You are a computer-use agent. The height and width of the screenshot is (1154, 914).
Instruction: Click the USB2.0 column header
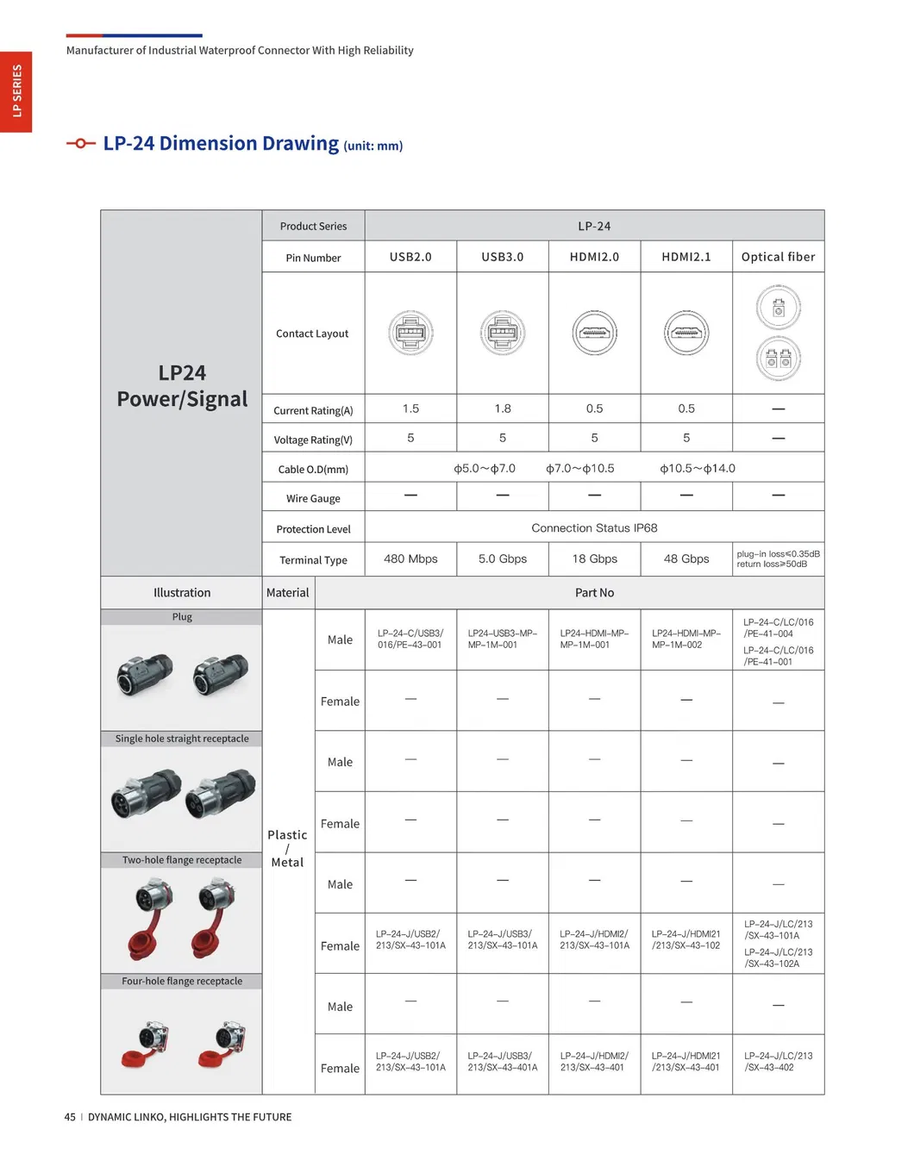point(410,257)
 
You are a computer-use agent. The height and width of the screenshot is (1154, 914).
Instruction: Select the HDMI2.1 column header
point(686,257)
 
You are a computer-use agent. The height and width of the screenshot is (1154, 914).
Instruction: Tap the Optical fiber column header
point(778,257)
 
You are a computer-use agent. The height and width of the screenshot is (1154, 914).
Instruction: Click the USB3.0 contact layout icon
point(503,333)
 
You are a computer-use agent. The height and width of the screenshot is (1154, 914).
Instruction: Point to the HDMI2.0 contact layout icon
point(595,333)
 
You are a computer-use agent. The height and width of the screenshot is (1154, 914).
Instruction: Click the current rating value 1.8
point(503,409)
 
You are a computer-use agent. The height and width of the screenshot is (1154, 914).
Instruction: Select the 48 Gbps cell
point(686,559)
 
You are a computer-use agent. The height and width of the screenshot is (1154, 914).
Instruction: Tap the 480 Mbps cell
point(410,559)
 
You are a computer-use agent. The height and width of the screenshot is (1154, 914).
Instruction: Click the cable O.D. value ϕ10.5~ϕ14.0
point(698,469)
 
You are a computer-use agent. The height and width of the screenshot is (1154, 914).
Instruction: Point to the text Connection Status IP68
point(594,528)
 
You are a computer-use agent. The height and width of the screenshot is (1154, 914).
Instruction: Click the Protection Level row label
point(313,529)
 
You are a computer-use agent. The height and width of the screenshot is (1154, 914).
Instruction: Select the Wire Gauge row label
point(313,499)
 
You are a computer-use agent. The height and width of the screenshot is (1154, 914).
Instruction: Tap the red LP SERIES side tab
point(16,91)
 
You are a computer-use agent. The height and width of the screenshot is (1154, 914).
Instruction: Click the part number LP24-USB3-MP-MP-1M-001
point(503,639)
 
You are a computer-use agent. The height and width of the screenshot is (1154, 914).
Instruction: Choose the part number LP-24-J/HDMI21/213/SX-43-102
point(686,940)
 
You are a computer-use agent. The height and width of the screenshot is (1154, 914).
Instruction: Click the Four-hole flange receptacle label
point(182,982)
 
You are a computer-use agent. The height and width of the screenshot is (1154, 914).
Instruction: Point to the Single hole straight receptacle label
point(182,739)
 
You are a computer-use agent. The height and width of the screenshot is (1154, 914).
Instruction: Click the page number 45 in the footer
point(70,1117)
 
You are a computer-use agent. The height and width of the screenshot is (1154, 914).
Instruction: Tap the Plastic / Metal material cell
point(287,849)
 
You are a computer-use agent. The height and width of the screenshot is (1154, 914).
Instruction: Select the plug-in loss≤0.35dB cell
point(778,559)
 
